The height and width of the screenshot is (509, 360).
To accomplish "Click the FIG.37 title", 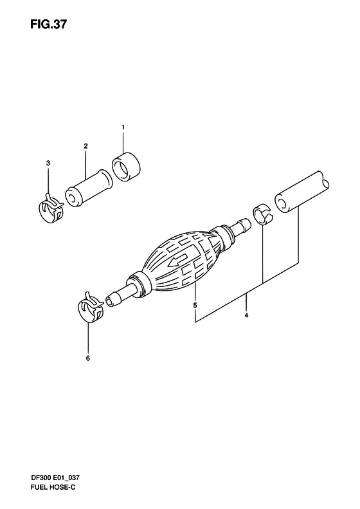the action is click(48, 24).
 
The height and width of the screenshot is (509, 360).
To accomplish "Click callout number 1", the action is click(123, 127).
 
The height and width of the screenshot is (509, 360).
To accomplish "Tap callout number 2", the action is click(85, 146).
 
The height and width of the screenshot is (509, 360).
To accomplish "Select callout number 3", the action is click(48, 163).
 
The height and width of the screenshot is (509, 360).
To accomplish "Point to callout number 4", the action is click(246, 315).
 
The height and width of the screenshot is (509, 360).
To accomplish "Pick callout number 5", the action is click(195, 305).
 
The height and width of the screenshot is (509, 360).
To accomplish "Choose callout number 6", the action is click(88, 358).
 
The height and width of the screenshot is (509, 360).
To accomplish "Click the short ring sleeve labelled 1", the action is click(127, 166).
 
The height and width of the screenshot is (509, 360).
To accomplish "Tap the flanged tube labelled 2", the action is click(89, 189).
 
